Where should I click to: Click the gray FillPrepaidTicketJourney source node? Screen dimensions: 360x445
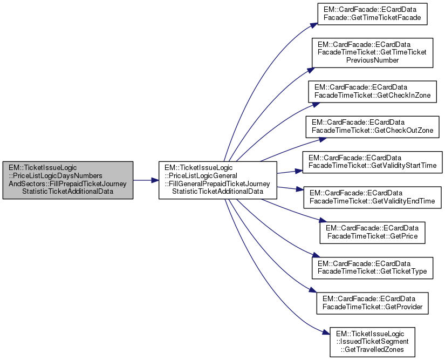coord(67,180)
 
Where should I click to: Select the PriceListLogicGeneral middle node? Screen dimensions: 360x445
coord(217,180)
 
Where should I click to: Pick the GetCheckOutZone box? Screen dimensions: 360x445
coord(372,126)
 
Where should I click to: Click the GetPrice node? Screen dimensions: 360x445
coord(372,232)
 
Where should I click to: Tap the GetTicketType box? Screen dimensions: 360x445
coord(372,267)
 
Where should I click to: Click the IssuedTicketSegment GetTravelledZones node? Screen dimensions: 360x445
coord(372,341)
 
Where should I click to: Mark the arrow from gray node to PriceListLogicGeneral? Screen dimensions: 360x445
coord(146,180)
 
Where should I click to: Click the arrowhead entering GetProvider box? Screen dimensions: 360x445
coord(313,292)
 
